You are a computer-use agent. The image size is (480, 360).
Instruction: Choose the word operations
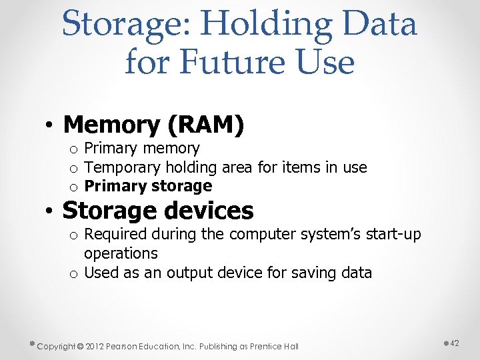coord(121,253)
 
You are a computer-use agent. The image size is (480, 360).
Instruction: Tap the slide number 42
coord(455,343)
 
